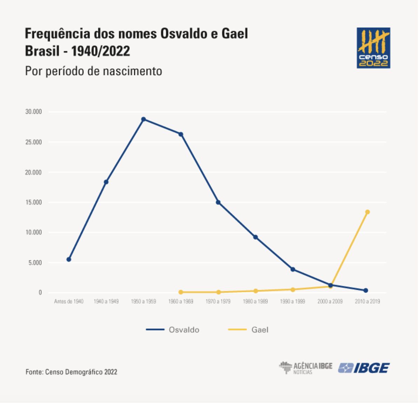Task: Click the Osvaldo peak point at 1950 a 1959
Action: pyautogui.click(x=143, y=119)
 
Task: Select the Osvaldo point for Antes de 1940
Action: pyautogui.click(x=69, y=259)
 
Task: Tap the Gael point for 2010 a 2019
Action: pyautogui.click(x=367, y=212)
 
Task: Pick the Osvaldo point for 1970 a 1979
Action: pyautogui.click(x=218, y=202)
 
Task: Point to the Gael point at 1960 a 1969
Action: pyautogui.click(x=181, y=292)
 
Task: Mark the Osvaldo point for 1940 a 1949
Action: pyautogui.click(x=106, y=182)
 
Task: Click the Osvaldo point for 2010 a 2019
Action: pyautogui.click(x=366, y=290)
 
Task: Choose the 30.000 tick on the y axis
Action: pyautogui.click(x=33, y=112)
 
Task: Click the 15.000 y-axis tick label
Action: pyautogui.click(x=33, y=202)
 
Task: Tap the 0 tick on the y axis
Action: pyautogui.click(x=40, y=292)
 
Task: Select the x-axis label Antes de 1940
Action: pyautogui.click(x=69, y=301)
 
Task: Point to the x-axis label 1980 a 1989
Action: pyautogui.click(x=255, y=301)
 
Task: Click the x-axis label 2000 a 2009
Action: pyautogui.click(x=330, y=301)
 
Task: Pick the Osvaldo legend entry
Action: pyautogui.click(x=173, y=330)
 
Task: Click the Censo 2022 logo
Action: pyautogui.click(x=373, y=48)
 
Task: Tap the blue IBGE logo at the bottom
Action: pyautogui.click(x=364, y=368)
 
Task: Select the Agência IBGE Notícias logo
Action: pyautogui.click(x=306, y=368)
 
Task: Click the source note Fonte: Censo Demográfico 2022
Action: pyautogui.click(x=71, y=372)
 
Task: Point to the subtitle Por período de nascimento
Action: pyautogui.click(x=94, y=71)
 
